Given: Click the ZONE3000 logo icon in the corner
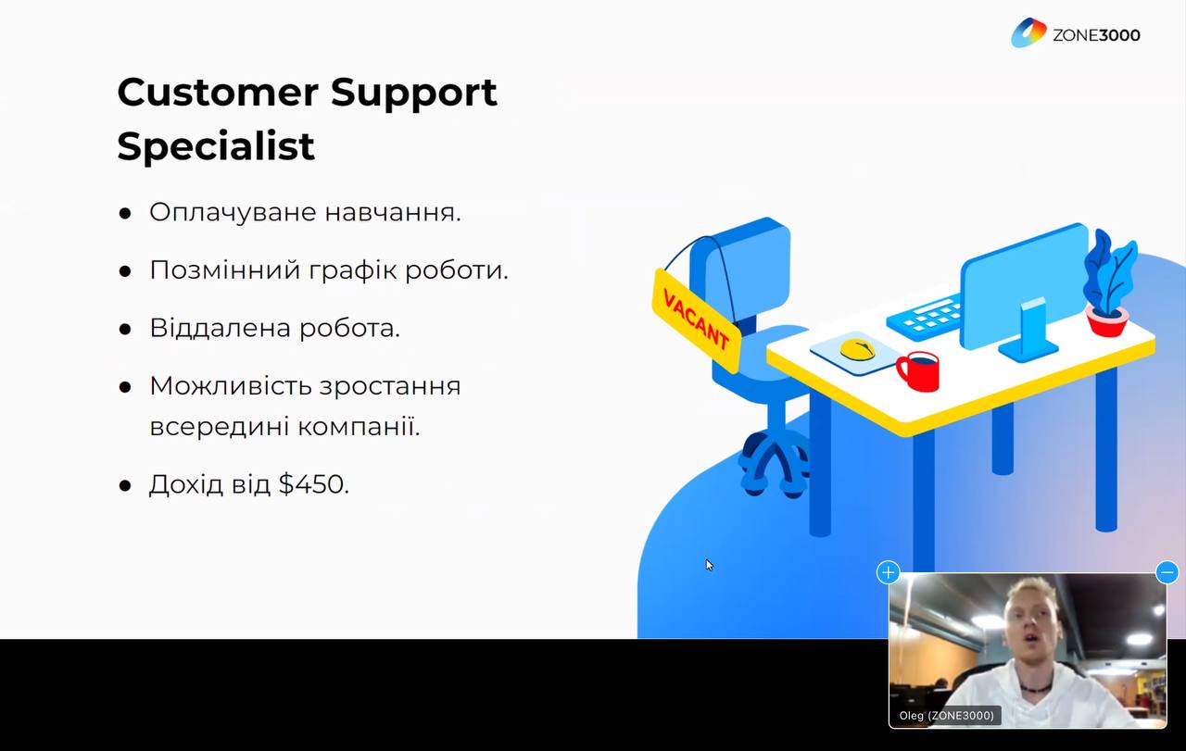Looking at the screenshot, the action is tap(1028, 32).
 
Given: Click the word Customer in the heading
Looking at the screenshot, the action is tap(218, 92).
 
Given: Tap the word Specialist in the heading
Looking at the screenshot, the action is tap(216, 146).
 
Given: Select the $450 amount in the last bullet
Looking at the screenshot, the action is tap(314, 483).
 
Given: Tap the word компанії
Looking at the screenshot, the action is tap(359, 427).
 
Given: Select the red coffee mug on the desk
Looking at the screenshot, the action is tap(919, 371).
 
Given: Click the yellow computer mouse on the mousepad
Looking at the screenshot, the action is tap(857, 349).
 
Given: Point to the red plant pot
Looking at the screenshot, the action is tap(1107, 320).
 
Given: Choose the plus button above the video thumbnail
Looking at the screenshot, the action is tap(888, 572).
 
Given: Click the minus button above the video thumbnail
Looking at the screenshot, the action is tap(1167, 572).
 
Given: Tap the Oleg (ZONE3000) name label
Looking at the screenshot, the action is tap(946, 716).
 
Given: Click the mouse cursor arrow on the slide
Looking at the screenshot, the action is tap(709, 565).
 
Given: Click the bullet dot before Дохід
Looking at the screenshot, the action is tap(125, 485).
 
